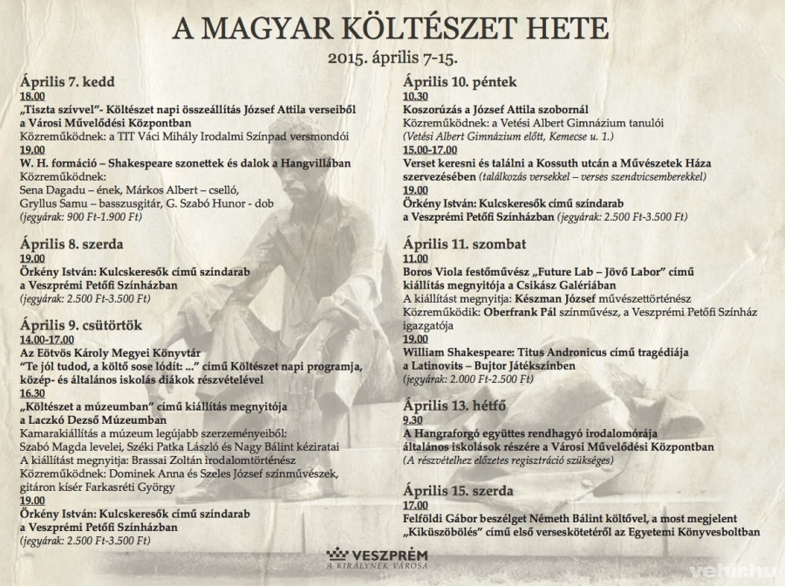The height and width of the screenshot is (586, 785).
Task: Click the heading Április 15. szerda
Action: pos(458,490)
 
